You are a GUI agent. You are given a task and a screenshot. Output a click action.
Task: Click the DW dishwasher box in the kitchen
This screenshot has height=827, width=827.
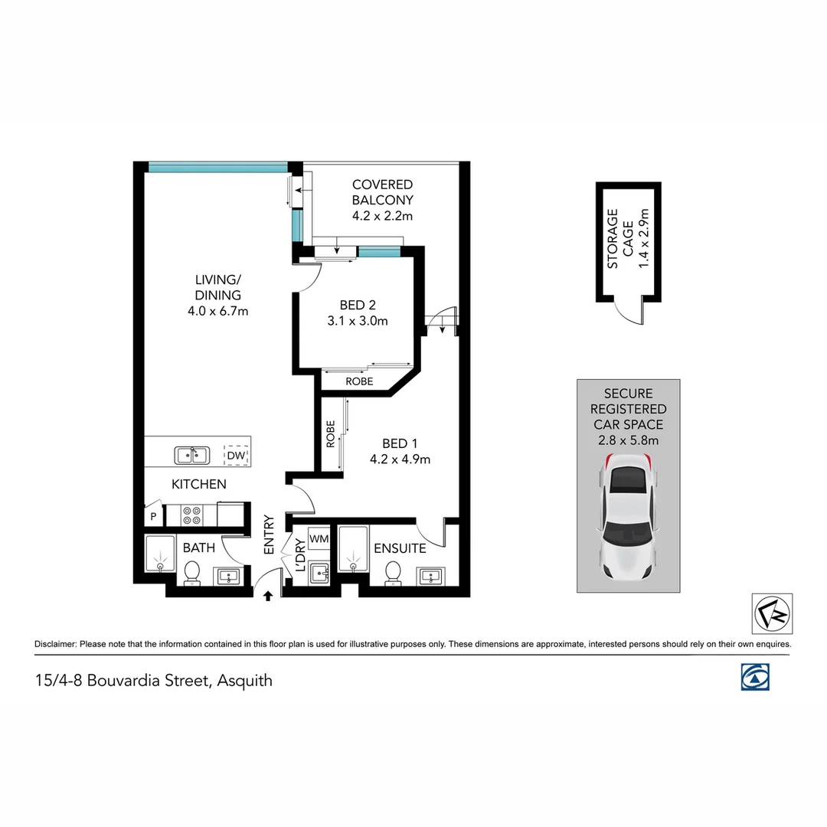click(x=236, y=456)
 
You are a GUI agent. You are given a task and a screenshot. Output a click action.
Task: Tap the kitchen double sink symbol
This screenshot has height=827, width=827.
click(x=192, y=456)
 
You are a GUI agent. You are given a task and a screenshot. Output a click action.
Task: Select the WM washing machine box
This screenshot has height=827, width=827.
click(x=319, y=539)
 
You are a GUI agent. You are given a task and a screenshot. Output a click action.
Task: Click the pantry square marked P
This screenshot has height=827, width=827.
click(x=153, y=517)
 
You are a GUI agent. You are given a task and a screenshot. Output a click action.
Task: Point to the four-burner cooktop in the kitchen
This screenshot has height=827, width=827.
click(x=192, y=515)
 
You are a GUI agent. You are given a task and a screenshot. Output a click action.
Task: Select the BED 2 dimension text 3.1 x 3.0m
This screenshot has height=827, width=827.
click(x=358, y=321)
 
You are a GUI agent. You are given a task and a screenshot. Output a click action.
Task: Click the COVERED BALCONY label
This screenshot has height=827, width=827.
click(x=382, y=192)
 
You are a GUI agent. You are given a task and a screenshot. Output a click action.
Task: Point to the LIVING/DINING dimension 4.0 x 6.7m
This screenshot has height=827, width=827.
click(x=217, y=311)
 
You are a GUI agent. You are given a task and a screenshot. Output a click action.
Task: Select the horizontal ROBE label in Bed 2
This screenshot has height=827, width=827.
click(x=359, y=381)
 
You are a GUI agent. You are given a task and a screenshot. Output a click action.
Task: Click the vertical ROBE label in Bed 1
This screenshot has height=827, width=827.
click(x=331, y=434)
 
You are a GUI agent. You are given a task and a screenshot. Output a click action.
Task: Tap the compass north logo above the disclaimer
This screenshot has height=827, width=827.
click(x=772, y=613)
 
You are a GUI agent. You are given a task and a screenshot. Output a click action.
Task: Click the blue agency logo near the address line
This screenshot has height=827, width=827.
click(x=755, y=677)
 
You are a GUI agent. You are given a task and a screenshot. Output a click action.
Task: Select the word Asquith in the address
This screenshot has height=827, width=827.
click(x=244, y=680)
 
